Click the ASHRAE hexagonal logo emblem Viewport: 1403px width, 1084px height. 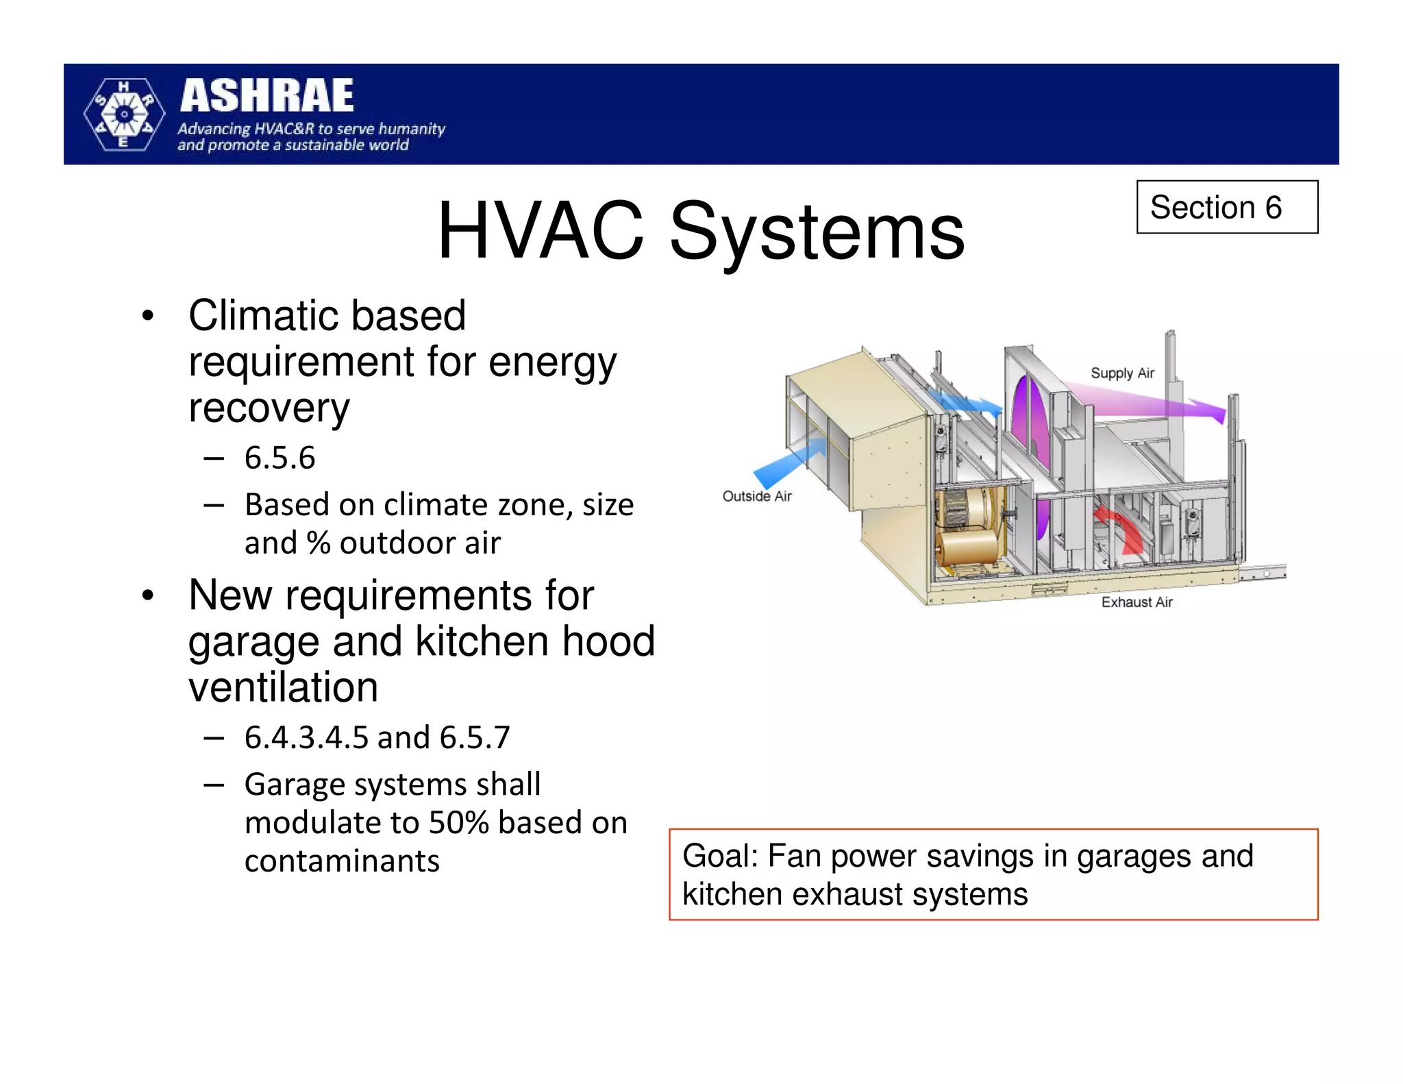[124, 114]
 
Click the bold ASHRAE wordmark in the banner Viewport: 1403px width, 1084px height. [267, 95]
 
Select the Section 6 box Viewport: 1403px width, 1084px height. [1226, 207]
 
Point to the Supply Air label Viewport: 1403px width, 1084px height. [1122, 373]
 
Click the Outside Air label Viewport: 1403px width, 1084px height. [757, 496]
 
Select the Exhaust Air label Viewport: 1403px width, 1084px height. [1137, 602]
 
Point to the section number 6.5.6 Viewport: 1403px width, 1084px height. [280, 458]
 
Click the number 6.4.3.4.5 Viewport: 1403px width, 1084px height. [306, 738]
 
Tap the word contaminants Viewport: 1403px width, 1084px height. [342, 861]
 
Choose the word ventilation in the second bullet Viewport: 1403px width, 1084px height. [283, 687]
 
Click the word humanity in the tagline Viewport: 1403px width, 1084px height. [412, 129]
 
